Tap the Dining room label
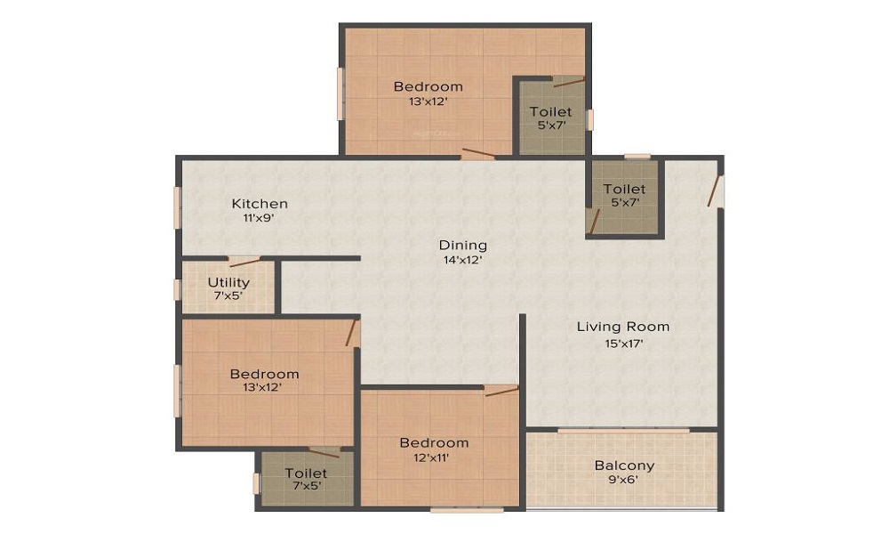click(x=463, y=245)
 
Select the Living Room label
click(x=623, y=327)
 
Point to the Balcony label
click(x=624, y=465)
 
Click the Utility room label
click(x=228, y=282)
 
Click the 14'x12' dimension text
click(x=463, y=260)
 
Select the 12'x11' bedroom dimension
click(x=434, y=457)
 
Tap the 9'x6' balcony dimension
click(x=624, y=481)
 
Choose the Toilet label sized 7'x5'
click(x=306, y=473)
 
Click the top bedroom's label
click(x=428, y=86)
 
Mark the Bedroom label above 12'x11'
click(x=434, y=443)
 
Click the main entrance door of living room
click(x=716, y=190)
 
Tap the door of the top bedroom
click(x=477, y=154)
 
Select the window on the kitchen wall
click(x=178, y=207)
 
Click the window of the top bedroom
click(x=340, y=94)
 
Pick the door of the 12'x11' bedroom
click(x=502, y=391)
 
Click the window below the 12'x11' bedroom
click(x=466, y=509)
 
